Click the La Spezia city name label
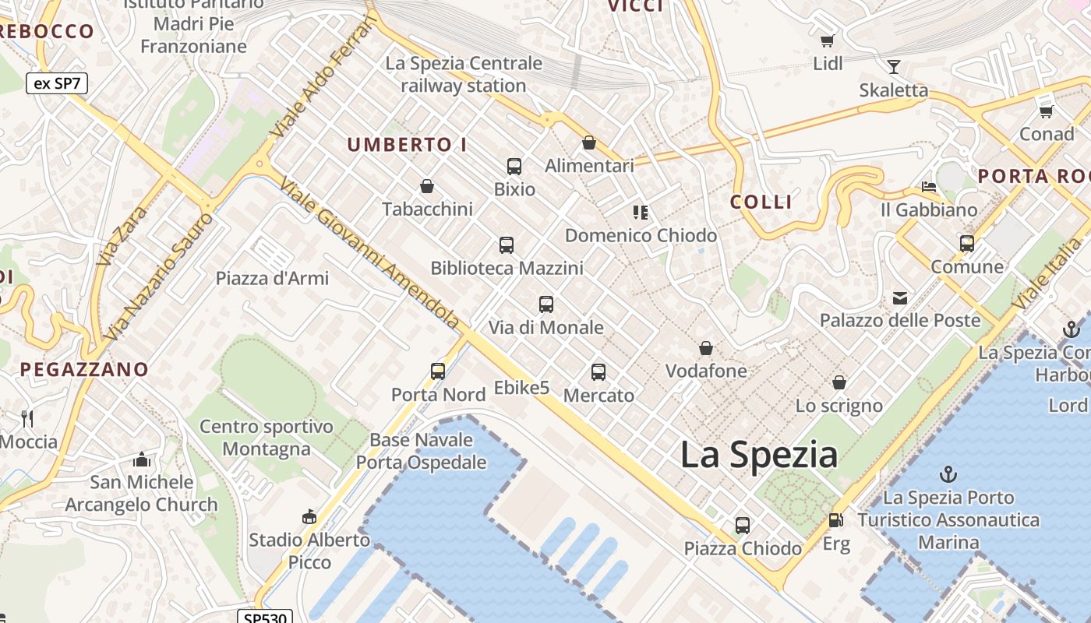[x=759, y=455]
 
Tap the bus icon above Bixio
[x=514, y=166]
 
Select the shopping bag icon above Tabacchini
[x=427, y=186]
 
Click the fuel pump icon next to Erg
[x=835, y=520]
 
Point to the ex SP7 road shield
[x=57, y=83]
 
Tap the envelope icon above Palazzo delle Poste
[x=900, y=297]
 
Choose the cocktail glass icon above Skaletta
[x=893, y=67]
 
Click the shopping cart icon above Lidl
[x=827, y=40]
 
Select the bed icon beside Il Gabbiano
[x=928, y=187]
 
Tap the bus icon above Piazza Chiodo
[x=743, y=526]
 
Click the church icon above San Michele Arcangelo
[x=141, y=459]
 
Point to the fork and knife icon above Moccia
[x=27, y=419]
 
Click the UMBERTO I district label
[x=407, y=145]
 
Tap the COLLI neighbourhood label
[x=761, y=202]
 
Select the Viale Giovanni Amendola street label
[x=369, y=253]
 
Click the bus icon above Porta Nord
[x=438, y=371]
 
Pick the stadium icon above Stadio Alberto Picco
[x=309, y=516]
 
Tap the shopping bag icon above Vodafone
[x=706, y=348]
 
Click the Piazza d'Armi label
[x=272, y=278]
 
